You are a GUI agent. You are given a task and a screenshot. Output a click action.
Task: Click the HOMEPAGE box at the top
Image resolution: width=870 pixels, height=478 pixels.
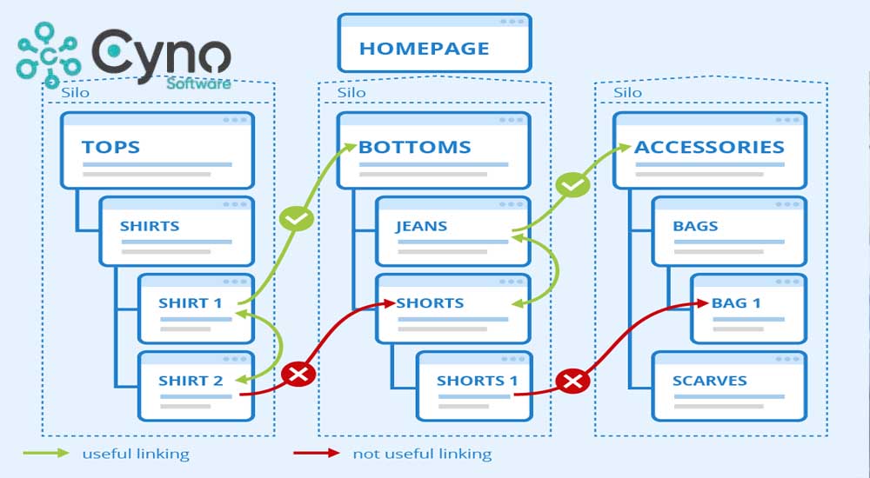(x=434, y=43)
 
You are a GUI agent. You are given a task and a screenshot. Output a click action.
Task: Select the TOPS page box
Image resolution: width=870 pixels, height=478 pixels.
(x=157, y=149)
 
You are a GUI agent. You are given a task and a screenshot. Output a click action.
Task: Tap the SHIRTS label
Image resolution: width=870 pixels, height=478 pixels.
(x=150, y=226)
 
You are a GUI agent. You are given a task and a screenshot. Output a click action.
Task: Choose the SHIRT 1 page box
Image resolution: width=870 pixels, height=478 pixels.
(x=196, y=308)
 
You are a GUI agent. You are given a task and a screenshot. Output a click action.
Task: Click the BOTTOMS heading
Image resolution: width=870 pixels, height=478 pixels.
(x=415, y=147)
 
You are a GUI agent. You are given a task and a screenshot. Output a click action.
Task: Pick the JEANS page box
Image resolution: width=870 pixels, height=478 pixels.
(x=452, y=231)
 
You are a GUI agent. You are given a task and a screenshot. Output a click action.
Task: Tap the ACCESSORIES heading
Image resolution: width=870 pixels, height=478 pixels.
(x=709, y=147)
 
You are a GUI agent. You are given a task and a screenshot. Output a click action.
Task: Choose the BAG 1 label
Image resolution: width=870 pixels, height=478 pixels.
(x=736, y=303)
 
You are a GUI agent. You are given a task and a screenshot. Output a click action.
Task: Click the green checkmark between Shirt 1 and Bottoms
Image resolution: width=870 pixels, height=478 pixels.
(x=296, y=219)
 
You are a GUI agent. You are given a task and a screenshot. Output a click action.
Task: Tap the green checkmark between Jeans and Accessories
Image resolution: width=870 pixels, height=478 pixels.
(x=572, y=185)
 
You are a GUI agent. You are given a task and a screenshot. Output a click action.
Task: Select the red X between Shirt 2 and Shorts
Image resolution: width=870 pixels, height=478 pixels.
(x=298, y=375)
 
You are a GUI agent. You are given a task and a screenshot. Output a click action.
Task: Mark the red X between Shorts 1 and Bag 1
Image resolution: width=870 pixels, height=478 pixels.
(x=572, y=381)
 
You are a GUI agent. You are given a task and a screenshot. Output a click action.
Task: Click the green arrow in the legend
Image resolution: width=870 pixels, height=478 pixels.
(x=46, y=453)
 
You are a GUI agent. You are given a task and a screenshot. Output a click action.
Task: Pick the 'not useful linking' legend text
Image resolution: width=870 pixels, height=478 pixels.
(x=422, y=454)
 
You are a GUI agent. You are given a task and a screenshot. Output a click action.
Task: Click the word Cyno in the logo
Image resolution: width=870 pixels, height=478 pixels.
(x=162, y=54)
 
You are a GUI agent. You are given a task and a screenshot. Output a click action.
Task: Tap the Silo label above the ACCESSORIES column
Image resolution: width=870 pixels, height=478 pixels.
(x=628, y=92)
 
